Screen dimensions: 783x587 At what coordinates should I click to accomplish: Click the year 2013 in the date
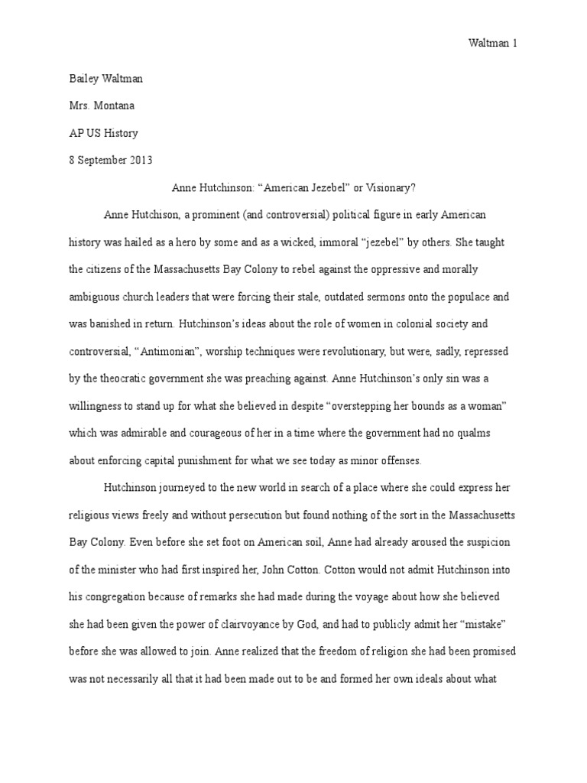coord(141,160)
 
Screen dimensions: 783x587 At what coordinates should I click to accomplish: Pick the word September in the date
coord(100,160)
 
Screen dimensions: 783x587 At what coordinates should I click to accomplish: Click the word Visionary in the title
coord(387,187)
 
